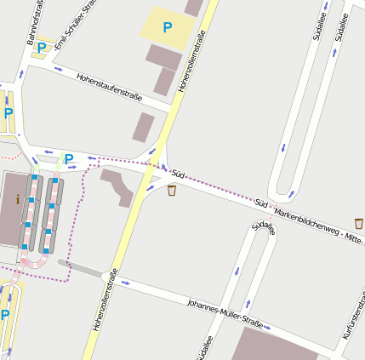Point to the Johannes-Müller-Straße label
pyautogui.click(x=225, y=312)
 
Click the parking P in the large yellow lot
pyautogui.click(x=167, y=27)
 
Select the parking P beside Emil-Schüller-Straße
pyautogui.click(x=42, y=49)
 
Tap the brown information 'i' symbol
pyautogui.click(x=17, y=199)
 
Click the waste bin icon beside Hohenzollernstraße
pyautogui.click(x=172, y=190)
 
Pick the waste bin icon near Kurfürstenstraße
pyautogui.click(x=359, y=223)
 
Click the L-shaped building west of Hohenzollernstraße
pyautogui.click(x=117, y=185)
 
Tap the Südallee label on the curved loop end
pyautogui.click(x=264, y=226)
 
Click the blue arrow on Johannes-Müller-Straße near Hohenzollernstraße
pyautogui.click(x=126, y=282)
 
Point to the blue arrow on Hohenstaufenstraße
pyautogui.click(x=58, y=69)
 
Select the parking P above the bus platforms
pyautogui.click(x=68, y=159)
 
